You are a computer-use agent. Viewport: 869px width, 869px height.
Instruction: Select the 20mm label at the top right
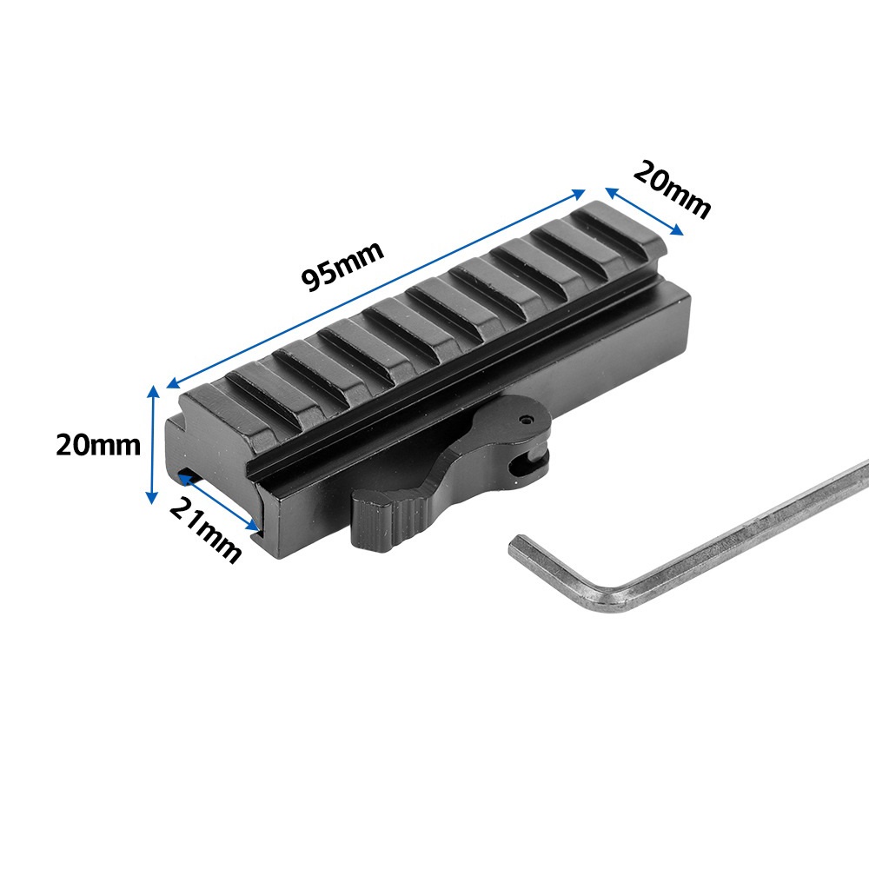[x=672, y=189]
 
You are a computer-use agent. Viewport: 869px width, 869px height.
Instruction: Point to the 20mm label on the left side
[x=99, y=445]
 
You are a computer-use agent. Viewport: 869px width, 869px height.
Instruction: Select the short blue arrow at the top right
[x=644, y=211]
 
